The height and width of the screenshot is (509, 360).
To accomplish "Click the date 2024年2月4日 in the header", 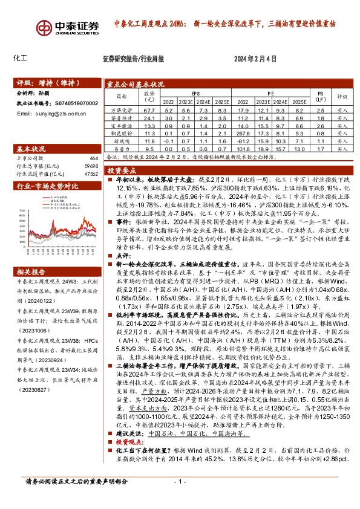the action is click(255, 59).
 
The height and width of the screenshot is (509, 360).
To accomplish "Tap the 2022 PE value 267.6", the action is click(243, 133).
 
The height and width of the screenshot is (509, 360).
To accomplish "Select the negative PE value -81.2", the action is click(243, 140).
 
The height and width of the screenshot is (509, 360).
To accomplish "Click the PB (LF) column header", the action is click(321, 97).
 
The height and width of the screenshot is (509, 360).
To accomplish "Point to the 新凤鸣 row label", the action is click(122, 140).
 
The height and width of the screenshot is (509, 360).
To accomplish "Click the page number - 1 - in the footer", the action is click(179, 499).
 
